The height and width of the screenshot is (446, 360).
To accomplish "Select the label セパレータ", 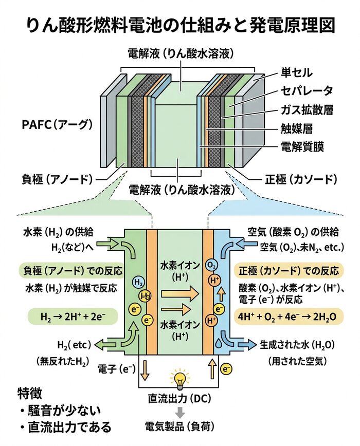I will (307, 91).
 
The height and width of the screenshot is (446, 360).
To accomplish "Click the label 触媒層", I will (297, 128).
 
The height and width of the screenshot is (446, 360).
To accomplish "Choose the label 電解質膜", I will (302, 146).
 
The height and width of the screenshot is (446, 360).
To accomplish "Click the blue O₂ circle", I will (210, 266).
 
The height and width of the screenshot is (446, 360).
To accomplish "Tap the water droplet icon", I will (220, 341).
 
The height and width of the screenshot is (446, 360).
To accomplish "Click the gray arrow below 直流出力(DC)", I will (179, 412).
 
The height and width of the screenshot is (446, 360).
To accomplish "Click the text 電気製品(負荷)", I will (179, 425).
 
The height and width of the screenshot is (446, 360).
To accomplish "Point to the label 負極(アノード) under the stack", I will (56, 179).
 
